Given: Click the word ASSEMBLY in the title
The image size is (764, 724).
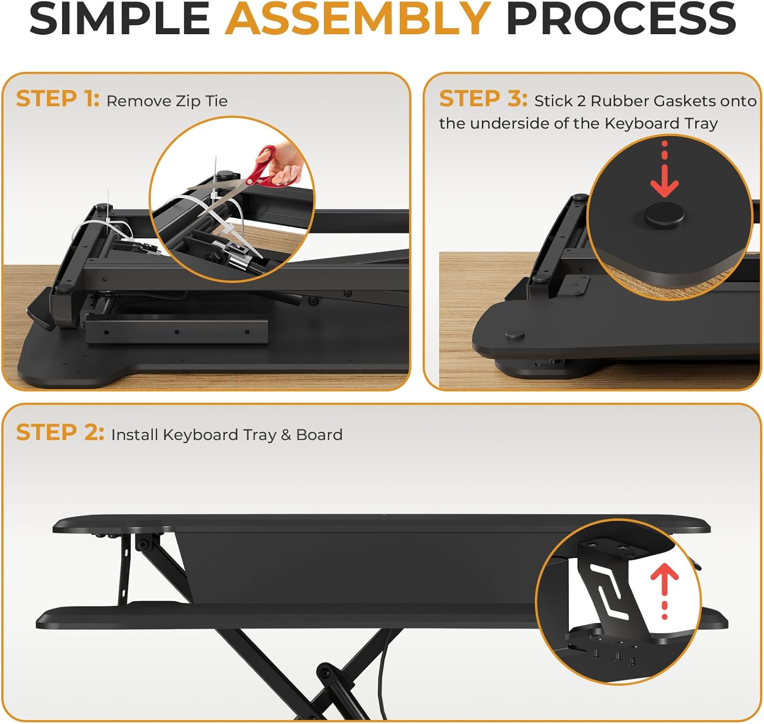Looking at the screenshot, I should point(358,19).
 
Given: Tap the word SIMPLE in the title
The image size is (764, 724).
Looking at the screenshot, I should point(119,19).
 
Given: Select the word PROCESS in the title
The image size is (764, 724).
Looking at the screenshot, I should point(620,19).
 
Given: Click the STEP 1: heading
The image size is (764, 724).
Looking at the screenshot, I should point(57,99).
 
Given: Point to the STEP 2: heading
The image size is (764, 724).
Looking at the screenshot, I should point(60,433).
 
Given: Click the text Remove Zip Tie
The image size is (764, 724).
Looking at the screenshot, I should point(167,101).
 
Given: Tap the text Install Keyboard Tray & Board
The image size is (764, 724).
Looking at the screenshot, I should point(227,435).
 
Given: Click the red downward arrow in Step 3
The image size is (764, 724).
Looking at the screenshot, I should point(665,173).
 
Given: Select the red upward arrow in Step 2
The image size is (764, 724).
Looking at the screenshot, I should point(664,591).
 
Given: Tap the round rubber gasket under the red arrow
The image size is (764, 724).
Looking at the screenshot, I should point(664,215).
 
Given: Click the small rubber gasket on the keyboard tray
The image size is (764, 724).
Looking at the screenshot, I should point(514,335).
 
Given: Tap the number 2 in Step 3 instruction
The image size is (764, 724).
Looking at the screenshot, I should point(581,101).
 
